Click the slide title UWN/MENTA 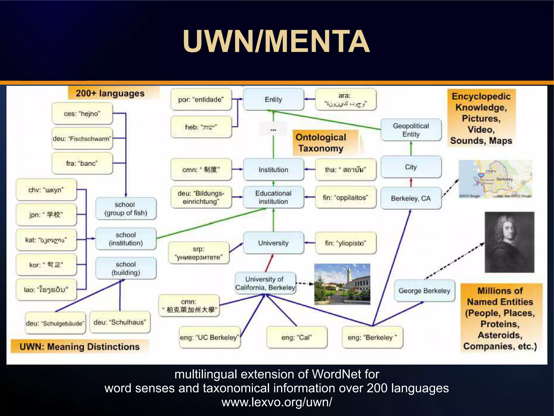point(276,41)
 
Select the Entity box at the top point(273,99)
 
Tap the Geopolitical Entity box point(411,130)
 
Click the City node point(411,167)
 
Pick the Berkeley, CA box point(411,198)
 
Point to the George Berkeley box point(424,291)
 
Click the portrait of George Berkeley point(509,242)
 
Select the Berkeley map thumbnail point(495,179)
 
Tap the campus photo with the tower point(342,284)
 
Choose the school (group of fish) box point(126,209)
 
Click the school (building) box point(126,268)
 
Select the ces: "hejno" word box point(82,113)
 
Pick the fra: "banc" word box point(82,163)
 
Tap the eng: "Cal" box point(296,337)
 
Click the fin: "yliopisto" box point(345,243)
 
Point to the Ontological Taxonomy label point(321,143)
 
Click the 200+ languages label point(110,93)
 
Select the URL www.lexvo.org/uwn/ point(277,402)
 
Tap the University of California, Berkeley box point(265,283)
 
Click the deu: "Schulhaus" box point(120,322)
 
